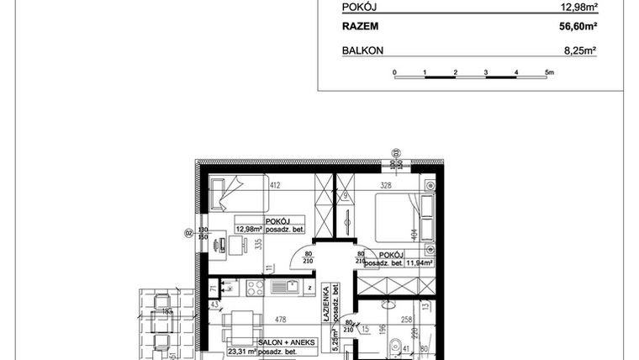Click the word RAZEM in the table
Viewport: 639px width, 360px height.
(x=360, y=27)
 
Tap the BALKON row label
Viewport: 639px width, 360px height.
(x=363, y=50)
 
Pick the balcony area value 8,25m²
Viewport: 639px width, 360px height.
(x=578, y=50)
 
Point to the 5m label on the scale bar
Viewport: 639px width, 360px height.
(x=549, y=74)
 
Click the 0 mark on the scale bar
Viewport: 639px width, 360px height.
(x=394, y=74)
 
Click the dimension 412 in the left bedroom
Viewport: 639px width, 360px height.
(x=274, y=184)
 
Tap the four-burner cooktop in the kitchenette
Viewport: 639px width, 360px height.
(x=253, y=287)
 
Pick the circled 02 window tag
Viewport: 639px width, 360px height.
(x=189, y=233)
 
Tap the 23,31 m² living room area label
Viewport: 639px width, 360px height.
(x=243, y=354)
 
